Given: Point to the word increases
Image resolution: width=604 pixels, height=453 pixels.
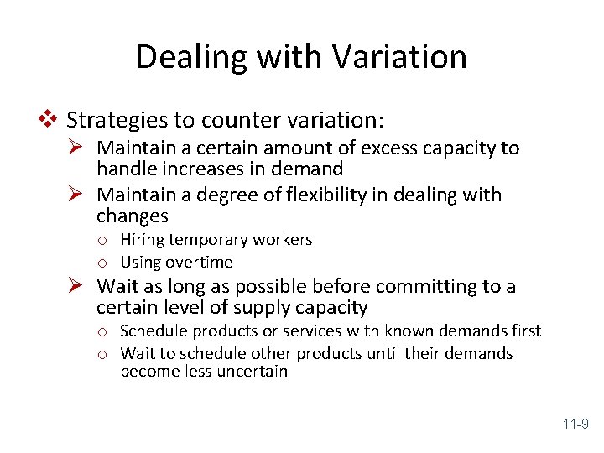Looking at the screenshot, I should click(199, 169).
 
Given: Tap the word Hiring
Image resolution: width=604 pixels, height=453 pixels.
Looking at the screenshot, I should click(143, 240).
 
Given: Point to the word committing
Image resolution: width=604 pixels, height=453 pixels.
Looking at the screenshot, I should click(411, 286).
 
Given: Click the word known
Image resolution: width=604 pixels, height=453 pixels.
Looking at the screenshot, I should click(394, 331).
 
